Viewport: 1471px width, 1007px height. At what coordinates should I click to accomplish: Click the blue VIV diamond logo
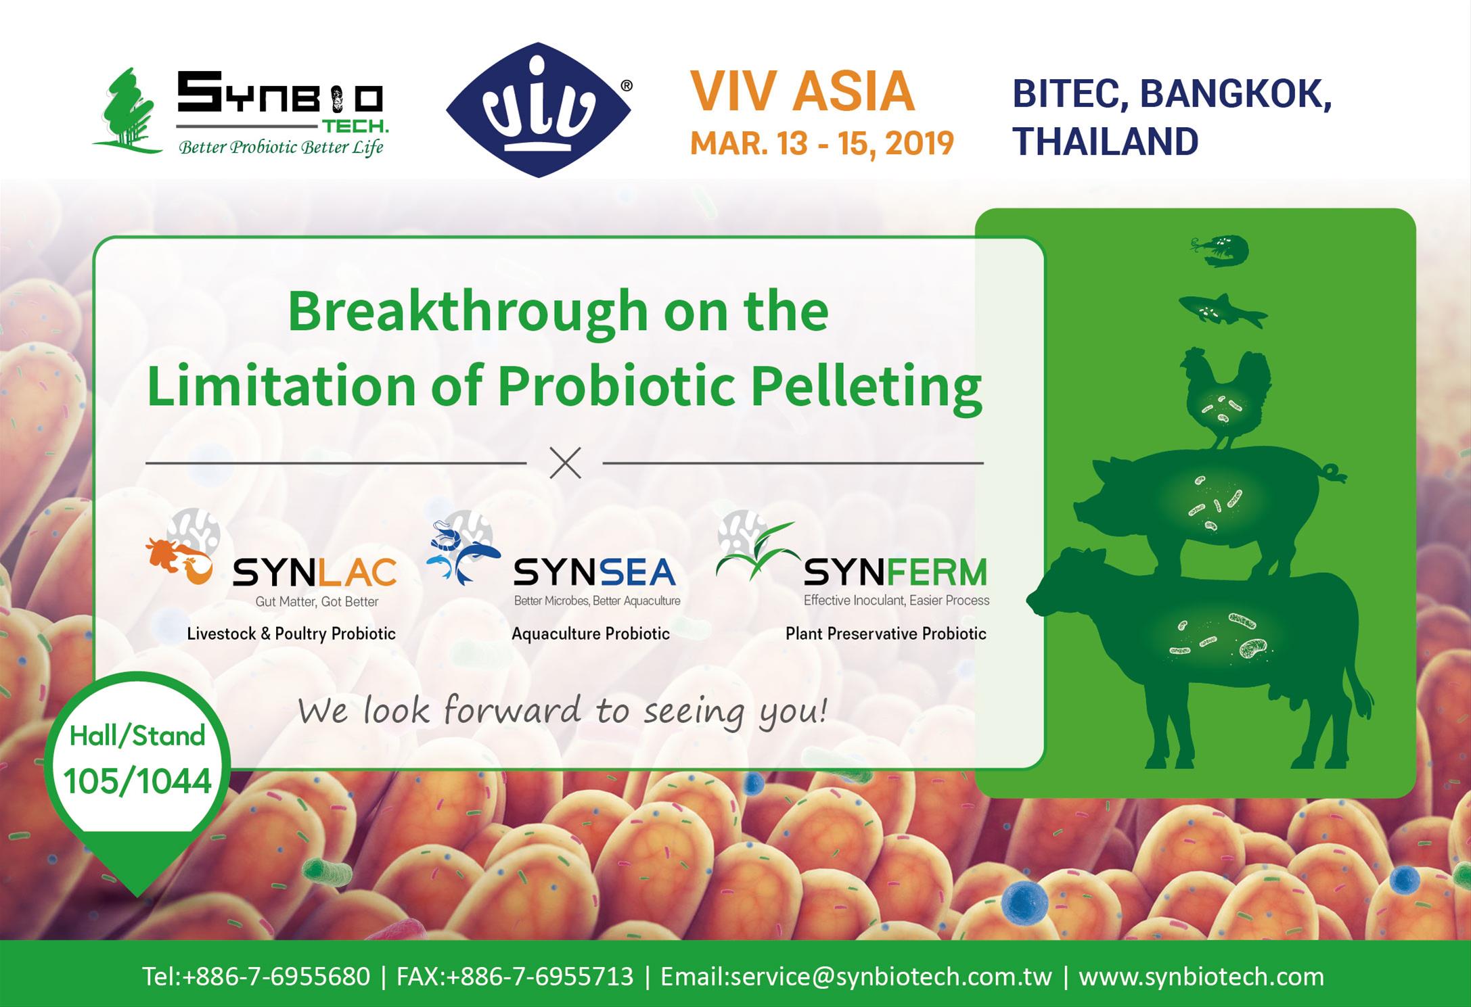point(539,110)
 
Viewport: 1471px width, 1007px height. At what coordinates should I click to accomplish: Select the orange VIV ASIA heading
point(802,92)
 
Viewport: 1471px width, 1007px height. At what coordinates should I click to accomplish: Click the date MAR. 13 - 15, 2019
point(821,143)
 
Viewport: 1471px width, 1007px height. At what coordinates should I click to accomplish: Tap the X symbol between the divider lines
point(565,463)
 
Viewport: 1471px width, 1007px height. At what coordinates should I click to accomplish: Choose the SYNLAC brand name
point(315,574)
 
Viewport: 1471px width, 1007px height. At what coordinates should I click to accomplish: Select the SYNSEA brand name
point(595,573)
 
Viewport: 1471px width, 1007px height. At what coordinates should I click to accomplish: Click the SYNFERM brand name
point(895,574)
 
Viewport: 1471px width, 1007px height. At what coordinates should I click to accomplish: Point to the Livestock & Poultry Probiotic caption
point(292,634)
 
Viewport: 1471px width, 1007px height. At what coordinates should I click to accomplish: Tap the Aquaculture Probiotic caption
point(591,634)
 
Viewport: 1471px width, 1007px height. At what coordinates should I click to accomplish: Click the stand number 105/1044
point(137,781)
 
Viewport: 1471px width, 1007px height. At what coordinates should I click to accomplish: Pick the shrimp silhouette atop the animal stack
point(1220,251)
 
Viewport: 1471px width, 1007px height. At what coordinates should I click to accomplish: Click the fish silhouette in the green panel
point(1223,311)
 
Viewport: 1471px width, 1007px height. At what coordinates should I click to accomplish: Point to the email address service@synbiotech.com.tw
point(856,977)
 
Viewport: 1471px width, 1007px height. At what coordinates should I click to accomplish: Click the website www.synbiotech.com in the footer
point(1201,977)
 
